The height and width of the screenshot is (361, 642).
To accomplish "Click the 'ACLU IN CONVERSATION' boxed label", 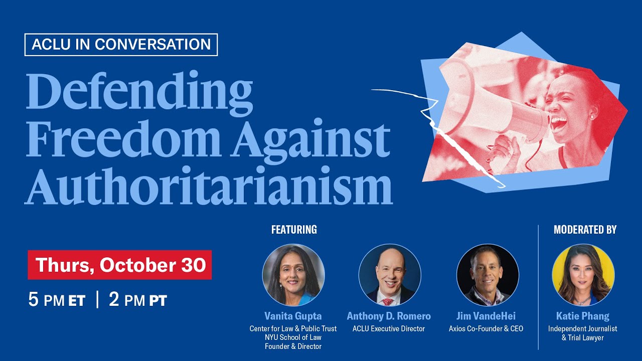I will (121, 45).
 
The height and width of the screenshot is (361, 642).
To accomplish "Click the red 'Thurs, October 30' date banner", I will (120, 265).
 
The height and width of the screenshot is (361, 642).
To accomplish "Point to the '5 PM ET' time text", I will (57, 300).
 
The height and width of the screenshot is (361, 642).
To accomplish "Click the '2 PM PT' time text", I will (137, 300).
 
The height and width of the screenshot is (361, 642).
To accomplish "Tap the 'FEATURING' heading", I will (294, 230).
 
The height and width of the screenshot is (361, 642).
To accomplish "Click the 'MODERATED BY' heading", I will (585, 230).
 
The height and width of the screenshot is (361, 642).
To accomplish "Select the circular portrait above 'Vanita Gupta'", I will (293, 275).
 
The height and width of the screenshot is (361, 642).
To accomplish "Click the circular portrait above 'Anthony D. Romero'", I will (390, 275).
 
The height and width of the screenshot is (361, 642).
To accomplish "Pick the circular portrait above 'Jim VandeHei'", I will (488, 275).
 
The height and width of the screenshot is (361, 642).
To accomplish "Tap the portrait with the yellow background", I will (583, 275).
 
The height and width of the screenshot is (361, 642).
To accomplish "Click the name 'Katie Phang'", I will (583, 316).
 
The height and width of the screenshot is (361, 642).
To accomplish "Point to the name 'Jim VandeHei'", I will (486, 316).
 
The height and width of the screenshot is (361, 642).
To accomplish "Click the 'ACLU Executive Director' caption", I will (389, 329).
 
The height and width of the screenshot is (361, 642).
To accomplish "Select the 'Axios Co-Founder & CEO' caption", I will (486, 329).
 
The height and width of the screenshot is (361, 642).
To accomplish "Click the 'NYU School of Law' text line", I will (293, 337).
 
